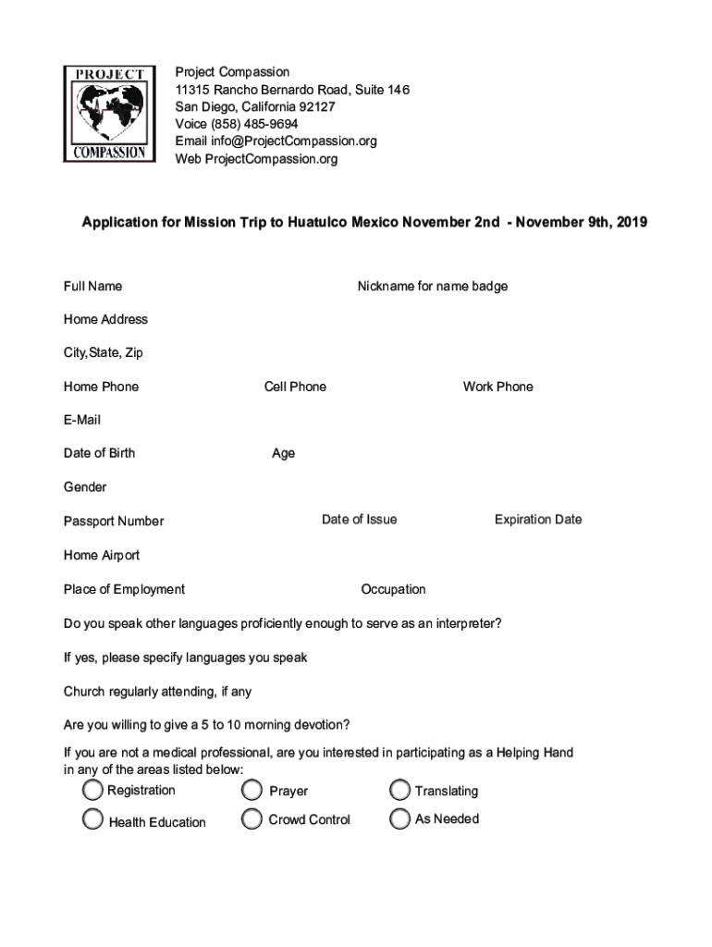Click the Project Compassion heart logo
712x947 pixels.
click(110, 114)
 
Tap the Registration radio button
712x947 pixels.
click(92, 790)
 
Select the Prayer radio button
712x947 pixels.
click(252, 791)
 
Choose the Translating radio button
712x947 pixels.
click(399, 791)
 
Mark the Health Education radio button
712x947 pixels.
click(92, 819)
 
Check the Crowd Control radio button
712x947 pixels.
click(252, 819)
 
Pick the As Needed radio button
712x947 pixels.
click(399, 819)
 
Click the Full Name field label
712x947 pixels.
click(92, 287)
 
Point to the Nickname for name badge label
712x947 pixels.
click(432, 287)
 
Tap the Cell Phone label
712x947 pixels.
click(295, 387)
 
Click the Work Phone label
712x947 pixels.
click(497, 387)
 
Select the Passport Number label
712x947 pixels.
click(114, 522)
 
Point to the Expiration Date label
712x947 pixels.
click(538, 520)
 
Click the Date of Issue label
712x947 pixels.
click(359, 520)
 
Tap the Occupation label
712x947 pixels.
click(393, 590)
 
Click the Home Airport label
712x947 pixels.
click(102, 556)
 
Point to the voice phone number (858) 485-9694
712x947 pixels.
click(254, 124)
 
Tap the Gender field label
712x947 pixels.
click(85, 487)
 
